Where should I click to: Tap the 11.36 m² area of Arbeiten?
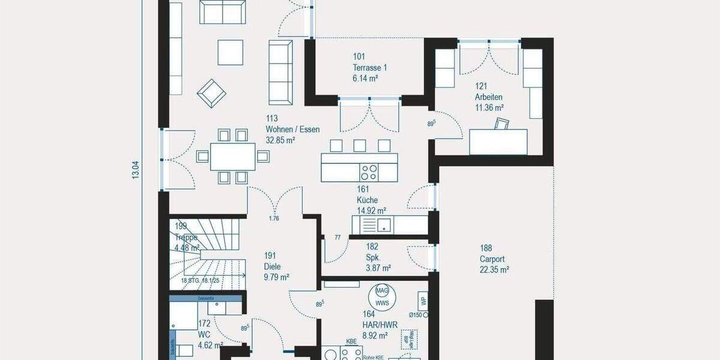tap(489, 107)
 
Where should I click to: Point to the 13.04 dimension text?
tap(136, 170)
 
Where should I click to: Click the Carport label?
tap(492, 259)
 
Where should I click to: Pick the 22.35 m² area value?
tap(494, 269)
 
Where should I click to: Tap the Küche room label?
tap(367, 200)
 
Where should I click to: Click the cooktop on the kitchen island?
tap(370, 172)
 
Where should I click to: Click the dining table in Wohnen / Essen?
tap(233, 157)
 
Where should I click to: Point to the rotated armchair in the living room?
tap(212, 93)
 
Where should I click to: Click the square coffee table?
tap(230, 52)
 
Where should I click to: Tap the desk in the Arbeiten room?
tap(498, 142)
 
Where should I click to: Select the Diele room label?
tap(272, 267)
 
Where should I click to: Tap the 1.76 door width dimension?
tap(275, 218)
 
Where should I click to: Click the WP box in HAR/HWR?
tap(423, 301)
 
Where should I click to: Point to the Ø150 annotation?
tap(415, 314)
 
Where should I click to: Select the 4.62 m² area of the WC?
tap(209, 345)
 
